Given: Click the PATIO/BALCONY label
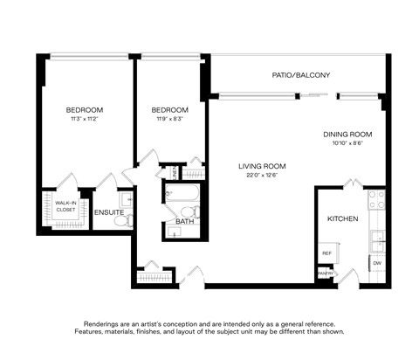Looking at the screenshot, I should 301,75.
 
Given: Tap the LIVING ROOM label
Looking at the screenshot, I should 262,166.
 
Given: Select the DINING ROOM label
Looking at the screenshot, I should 347,134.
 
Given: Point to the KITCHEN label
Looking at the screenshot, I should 342,218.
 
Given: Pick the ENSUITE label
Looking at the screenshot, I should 109,212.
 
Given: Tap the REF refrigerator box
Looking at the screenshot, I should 326,253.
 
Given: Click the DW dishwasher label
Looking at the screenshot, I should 377,262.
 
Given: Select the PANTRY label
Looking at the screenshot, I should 326,274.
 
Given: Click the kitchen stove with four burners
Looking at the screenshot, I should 377,201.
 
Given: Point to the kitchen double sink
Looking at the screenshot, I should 377,237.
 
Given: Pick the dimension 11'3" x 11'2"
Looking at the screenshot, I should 85,119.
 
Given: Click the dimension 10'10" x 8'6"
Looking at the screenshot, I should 347,143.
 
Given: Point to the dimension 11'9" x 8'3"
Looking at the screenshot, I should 169,119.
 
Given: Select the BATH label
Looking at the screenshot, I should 184,221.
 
